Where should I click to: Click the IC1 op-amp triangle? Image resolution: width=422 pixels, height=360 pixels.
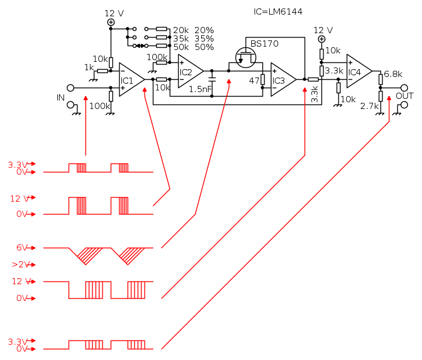[130, 80]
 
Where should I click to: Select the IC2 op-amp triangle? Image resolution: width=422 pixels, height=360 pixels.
[189, 71]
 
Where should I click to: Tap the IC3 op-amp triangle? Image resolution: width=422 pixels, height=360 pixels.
[282, 80]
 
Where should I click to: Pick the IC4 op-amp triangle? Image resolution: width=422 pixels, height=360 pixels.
[357, 71]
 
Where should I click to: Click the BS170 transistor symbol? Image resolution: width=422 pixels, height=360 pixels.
[246, 57]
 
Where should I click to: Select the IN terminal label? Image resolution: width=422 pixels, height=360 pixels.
[61, 98]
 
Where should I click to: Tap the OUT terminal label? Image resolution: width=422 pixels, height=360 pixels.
[405, 96]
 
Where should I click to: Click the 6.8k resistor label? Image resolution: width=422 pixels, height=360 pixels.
[393, 74]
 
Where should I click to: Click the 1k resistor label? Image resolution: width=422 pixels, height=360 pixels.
[89, 67]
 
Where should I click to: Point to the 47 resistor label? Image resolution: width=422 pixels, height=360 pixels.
[254, 80]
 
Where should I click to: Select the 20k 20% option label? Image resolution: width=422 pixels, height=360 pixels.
[193, 30]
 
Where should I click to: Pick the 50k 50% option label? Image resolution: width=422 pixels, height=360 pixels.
[193, 47]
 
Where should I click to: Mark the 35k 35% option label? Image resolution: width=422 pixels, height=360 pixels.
[193, 39]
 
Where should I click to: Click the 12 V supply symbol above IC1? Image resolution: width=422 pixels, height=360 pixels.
[111, 22]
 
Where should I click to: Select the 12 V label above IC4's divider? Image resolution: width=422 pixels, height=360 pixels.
[323, 30]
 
